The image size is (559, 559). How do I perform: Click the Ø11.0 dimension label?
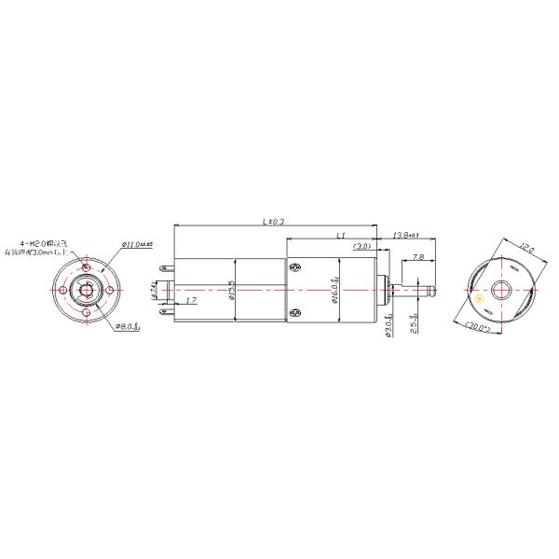(x=136, y=245)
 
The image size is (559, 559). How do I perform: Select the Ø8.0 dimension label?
(x=127, y=327)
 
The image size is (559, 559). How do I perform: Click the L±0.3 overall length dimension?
(x=273, y=222)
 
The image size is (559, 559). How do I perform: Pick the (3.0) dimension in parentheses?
(x=362, y=247)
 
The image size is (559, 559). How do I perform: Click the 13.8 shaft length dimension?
(x=404, y=236)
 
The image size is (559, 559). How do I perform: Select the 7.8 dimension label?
(x=416, y=257)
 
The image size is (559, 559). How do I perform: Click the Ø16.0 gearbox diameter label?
(x=334, y=290)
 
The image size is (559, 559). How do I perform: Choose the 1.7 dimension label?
(x=191, y=301)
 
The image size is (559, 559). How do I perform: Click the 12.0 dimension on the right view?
(x=526, y=250)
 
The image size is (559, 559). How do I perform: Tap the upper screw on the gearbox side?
(x=295, y=269)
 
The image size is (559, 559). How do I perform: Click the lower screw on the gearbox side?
(x=295, y=312)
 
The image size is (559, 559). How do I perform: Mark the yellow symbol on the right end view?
(x=479, y=300)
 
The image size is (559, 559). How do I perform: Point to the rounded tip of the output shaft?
(x=433, y=290)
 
